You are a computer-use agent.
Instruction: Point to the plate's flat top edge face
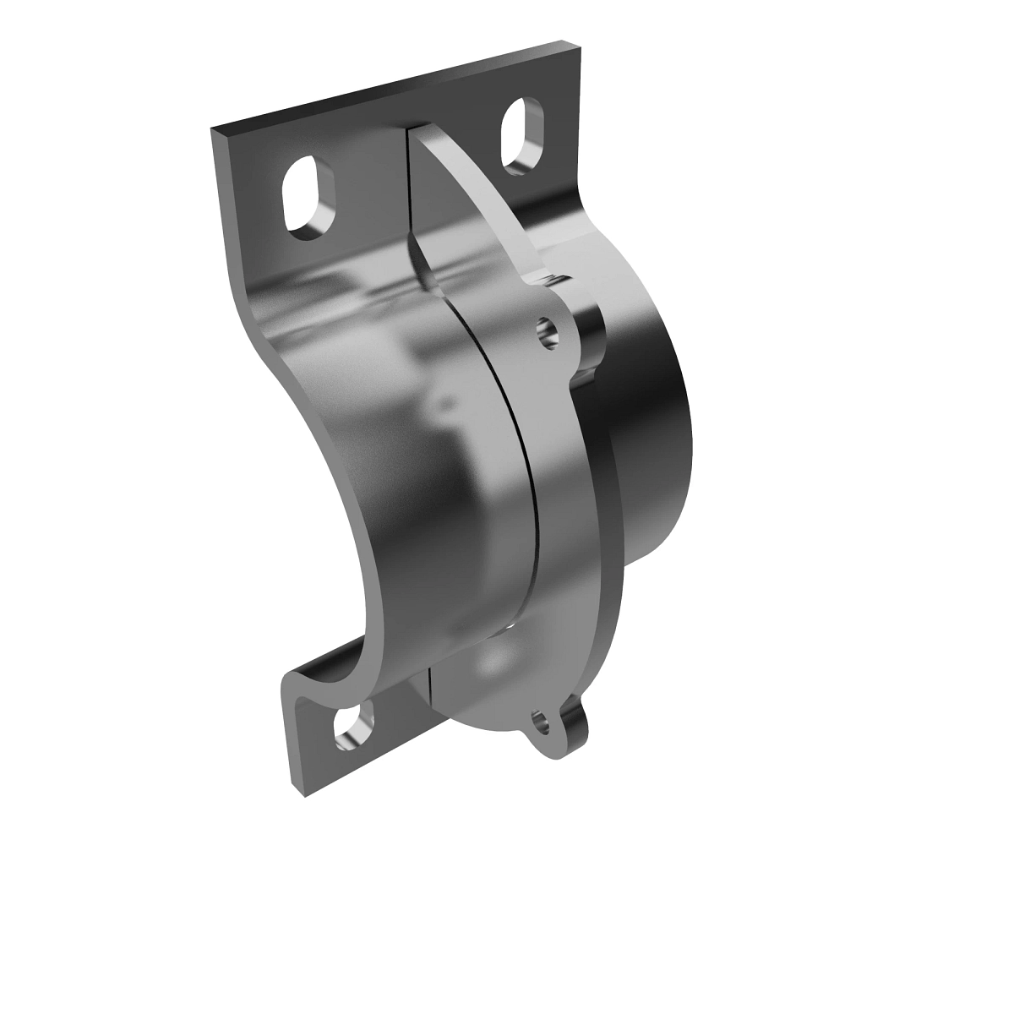click(397, 85)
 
